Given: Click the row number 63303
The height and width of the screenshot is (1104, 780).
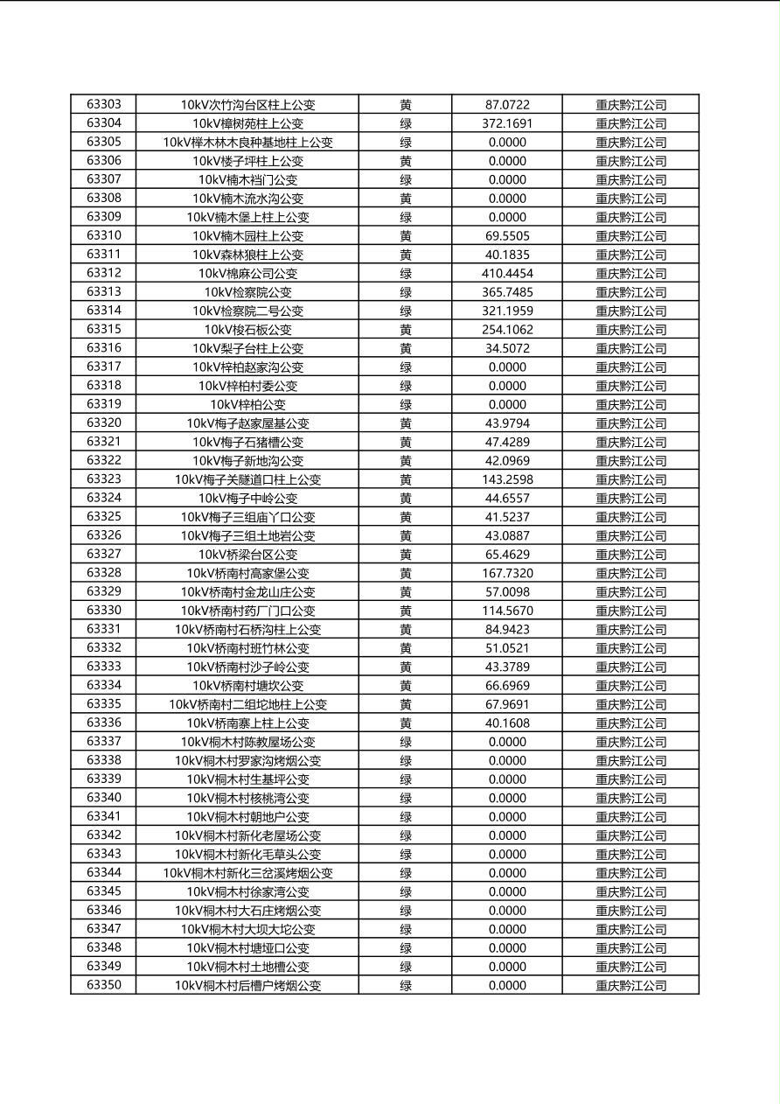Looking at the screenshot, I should point(104,104).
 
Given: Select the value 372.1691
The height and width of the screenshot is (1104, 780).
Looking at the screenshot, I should point(507,123).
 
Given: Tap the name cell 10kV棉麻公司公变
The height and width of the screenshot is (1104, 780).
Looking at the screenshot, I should point(247,273).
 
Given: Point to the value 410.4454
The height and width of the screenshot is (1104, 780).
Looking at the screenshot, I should point(507,273).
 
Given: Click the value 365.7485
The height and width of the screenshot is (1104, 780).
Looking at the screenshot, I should point(507,292).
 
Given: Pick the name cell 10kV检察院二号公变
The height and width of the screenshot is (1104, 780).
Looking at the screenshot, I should point(247,311).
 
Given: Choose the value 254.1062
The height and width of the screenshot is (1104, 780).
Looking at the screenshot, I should point(507,330).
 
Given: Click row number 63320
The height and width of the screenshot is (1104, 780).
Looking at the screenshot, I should point(104,423).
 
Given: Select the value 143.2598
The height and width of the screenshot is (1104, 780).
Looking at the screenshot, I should point(507,479).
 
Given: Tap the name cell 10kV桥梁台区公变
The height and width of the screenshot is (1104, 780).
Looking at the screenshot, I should point(247,554).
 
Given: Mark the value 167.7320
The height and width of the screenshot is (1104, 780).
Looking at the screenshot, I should point(507,573).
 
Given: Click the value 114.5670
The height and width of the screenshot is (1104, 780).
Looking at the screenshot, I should point(507,611).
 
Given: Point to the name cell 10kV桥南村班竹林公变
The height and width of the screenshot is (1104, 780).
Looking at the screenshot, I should point(247,648).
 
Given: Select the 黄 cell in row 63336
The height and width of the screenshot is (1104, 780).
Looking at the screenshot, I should point(406,723).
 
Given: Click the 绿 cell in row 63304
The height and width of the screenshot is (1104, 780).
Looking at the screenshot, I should point(406,123).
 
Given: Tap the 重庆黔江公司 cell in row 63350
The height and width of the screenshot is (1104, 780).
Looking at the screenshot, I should point(630,985).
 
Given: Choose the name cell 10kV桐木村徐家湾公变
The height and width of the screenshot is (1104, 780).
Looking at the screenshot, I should point(247,891).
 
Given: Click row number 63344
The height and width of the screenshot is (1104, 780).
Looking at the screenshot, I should point(104,872).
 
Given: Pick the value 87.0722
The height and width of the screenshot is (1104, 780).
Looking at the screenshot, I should point(507,104).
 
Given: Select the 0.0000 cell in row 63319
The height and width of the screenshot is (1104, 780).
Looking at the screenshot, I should point(507,404).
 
